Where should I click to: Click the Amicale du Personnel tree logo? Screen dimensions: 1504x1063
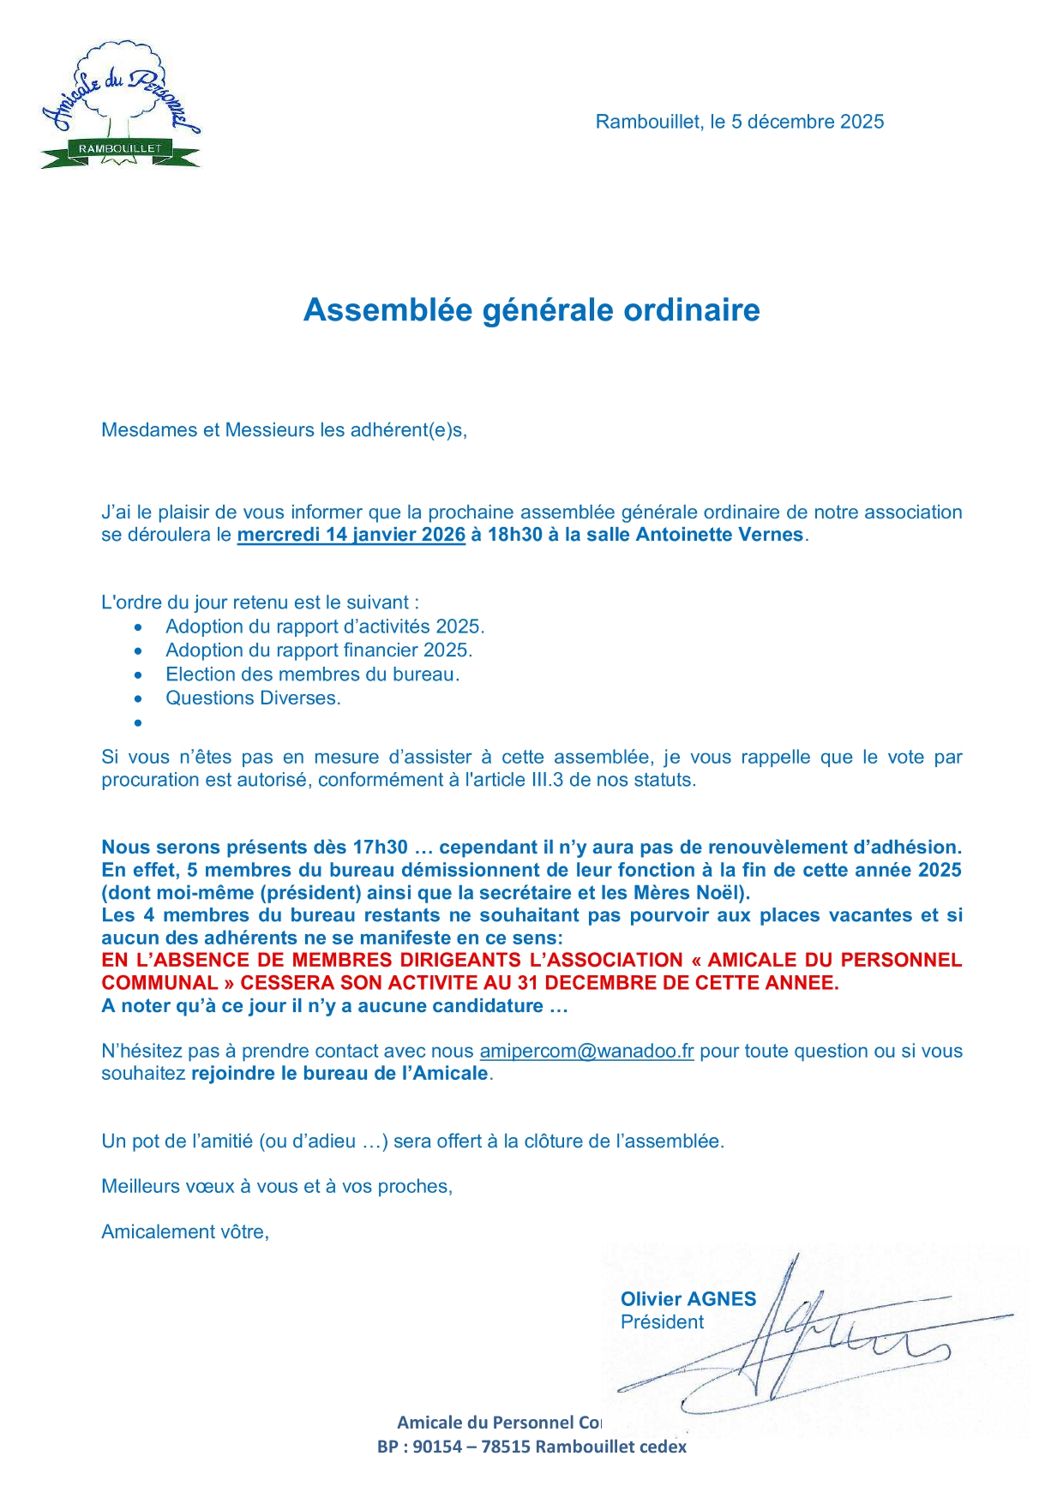pos(120,105)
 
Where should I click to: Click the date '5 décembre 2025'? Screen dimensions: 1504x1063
pos(807,122)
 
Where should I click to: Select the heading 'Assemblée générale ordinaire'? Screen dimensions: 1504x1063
pos(531,309)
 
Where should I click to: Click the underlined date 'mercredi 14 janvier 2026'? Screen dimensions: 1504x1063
pos(351,535)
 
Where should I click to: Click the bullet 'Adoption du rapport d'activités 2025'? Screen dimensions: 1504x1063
pos(325,626)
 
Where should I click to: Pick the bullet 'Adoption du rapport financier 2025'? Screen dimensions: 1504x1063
pos(319,650)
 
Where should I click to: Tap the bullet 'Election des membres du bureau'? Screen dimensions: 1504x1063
pos(312,674)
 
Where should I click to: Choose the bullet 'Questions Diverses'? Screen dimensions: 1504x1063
pos(253,698)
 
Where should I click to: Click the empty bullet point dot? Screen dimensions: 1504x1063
pos(137,723)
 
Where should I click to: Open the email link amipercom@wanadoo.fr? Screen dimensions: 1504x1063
pos(586,1052)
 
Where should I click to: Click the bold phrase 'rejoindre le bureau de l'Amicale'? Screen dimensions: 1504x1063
pos(339,1074)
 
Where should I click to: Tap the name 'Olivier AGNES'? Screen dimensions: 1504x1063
pos(688,1299)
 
